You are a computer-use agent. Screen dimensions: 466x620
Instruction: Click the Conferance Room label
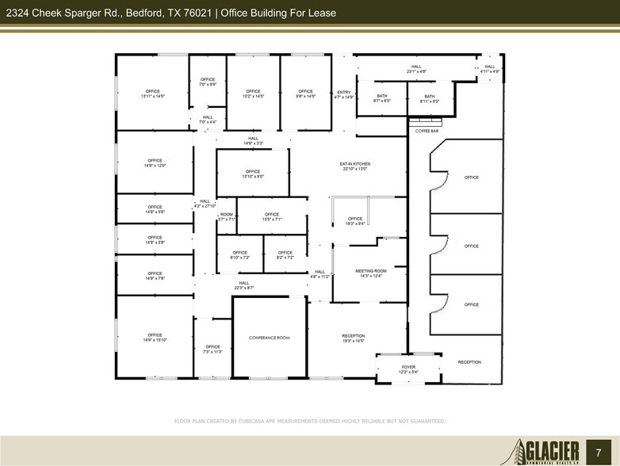(x=269, y=338)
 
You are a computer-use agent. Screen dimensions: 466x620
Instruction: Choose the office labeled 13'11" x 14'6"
(x=154, y=94)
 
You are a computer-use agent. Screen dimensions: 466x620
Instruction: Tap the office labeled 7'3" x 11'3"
(x=212, y=349)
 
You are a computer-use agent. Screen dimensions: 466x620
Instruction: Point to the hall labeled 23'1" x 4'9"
(x=417, y=69)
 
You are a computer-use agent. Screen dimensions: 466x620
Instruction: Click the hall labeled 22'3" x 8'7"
(x=244, y=285)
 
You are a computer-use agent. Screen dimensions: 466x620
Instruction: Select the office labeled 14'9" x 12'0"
(x=154, y=163)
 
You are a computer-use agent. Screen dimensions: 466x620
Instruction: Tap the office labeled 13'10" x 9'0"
(x=253, y=174)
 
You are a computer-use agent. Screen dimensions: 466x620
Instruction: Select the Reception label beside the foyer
(x=469, y=362)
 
